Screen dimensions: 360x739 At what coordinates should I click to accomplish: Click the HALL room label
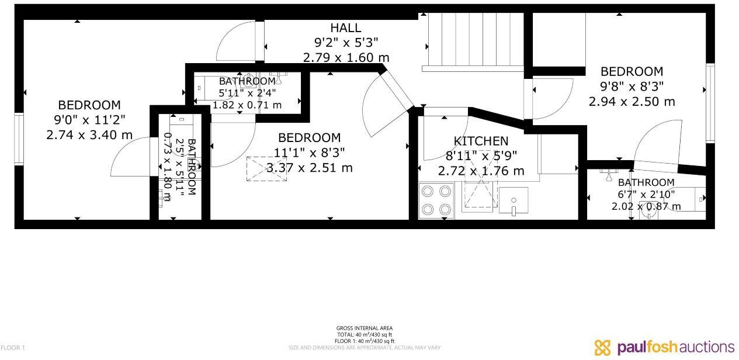[346, 27]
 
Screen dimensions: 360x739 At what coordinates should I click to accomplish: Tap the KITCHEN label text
[481, 141]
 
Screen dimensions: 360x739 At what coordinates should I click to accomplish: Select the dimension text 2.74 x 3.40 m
[89, 135]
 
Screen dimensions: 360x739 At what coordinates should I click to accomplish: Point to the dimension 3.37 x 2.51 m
[310, 168]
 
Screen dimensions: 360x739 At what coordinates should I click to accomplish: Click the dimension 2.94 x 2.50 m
[632, 101]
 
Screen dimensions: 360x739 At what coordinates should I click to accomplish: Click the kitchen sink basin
[514, 200]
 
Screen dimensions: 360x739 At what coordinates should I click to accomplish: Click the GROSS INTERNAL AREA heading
[364, 328]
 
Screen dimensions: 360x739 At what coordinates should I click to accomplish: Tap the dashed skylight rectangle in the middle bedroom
[266, 169]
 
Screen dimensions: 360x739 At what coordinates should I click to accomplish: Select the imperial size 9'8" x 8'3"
[632, 86]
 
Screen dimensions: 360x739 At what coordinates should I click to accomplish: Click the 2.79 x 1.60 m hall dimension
[346, 57]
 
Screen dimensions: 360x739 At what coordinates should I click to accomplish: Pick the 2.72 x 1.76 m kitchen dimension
[481, 171]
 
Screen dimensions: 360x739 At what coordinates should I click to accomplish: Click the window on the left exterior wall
[19, 139]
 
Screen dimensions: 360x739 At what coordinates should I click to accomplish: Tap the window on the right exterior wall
[710, 103]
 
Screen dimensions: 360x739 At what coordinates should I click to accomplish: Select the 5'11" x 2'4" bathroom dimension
[247, 92]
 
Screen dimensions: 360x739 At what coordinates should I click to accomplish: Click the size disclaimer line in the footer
[364, 348]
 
